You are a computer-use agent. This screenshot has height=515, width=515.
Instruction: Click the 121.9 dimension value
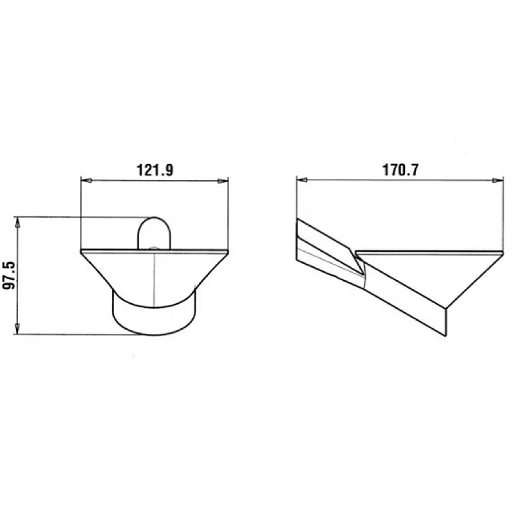click(154, 170)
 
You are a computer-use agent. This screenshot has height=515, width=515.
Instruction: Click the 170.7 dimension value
click(400, 170)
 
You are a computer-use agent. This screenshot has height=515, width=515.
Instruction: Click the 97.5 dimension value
click(9, 276)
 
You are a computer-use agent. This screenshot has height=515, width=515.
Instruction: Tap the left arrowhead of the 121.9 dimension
click(86, 181)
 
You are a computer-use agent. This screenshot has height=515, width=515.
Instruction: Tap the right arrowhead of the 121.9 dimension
click(223, 181)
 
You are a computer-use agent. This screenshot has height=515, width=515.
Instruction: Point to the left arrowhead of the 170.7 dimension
click(302, 180)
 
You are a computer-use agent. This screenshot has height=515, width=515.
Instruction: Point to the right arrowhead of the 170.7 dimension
click(497, 180)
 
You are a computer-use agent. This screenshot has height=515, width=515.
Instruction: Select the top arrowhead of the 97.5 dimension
click(18, 223)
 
